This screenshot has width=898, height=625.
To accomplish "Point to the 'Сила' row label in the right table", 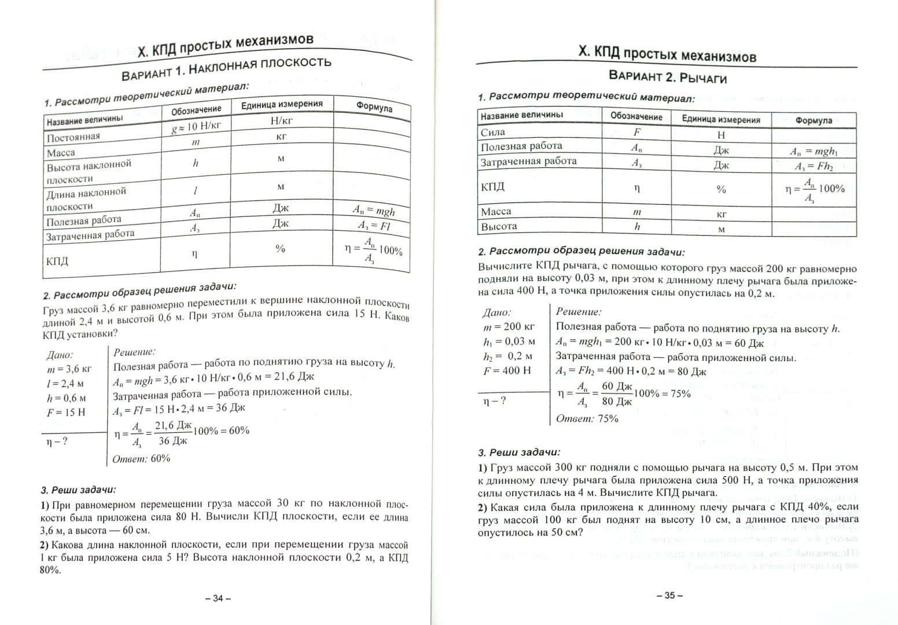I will coord(493,133).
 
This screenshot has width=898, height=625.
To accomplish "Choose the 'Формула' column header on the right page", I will coord(814,120).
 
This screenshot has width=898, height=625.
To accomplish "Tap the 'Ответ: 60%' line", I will coord(142,458).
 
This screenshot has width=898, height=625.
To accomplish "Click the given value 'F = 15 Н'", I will coord(65,413).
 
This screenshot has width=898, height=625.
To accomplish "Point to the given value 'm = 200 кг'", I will coord(509,327).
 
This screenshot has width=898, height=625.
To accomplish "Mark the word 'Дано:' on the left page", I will coord(60,354).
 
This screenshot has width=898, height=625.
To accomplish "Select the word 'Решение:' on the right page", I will coord(578,312).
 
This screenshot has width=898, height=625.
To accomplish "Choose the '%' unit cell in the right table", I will coord(721,189).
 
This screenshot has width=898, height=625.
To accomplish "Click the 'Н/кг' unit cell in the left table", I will coord(281,122).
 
